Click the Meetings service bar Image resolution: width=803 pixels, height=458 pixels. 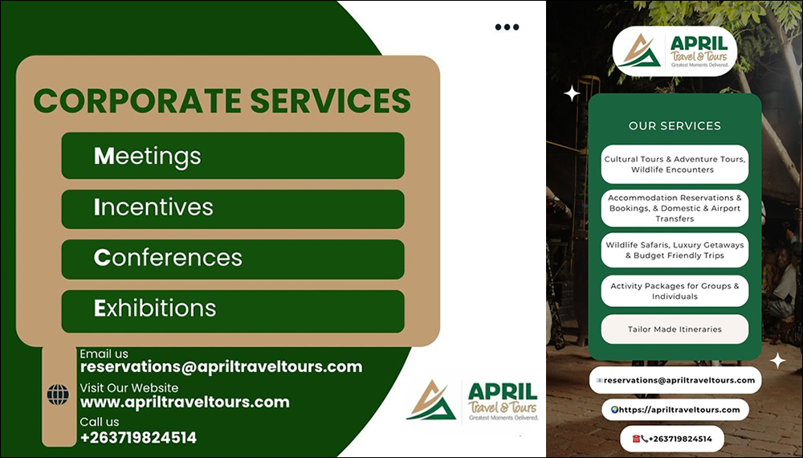pos(233,156)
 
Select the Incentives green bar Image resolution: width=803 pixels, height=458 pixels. pos(233,209)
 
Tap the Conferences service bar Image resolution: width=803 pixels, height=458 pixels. pos(233,260)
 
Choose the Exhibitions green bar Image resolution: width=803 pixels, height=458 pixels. pos(233,311)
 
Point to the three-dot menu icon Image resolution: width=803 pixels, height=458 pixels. pos(507,27)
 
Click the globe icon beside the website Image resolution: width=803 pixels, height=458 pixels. pos(58,395)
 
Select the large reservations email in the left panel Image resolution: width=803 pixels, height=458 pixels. pos(222,367)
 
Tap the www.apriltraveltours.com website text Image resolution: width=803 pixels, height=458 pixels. pos(185,403)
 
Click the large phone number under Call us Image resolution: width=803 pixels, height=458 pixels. pos(138,437)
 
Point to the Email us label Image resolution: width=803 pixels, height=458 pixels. pos(104,354)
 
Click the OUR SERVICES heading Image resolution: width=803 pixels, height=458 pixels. pos(675,125)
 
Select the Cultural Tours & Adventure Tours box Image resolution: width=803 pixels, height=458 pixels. pos(675,165)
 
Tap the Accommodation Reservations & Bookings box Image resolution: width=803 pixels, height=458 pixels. pos(675,208)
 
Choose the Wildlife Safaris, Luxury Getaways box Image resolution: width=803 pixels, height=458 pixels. pos(675,250)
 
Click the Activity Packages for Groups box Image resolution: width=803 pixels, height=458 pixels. pos(675,291)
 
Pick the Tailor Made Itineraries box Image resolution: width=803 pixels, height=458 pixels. pos(675,329)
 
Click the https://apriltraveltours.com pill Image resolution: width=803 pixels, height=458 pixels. pos(675,410)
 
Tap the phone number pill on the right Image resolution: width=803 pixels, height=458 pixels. pos(672,439)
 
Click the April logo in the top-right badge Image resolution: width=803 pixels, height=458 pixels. pos(675,51)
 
